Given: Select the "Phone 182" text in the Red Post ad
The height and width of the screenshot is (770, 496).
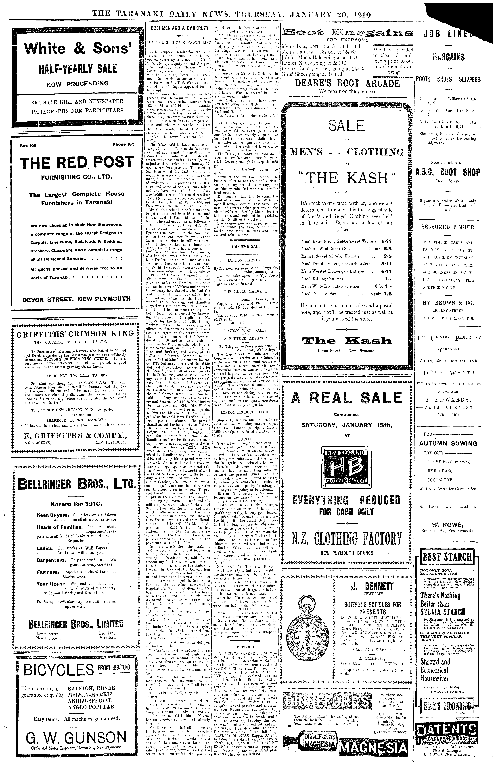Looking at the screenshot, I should [x=123, y=144].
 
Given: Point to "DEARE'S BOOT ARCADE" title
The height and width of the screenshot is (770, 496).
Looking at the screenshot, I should [x=347, y=83].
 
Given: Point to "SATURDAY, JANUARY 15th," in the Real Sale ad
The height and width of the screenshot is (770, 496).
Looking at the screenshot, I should [x=347, y=425].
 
